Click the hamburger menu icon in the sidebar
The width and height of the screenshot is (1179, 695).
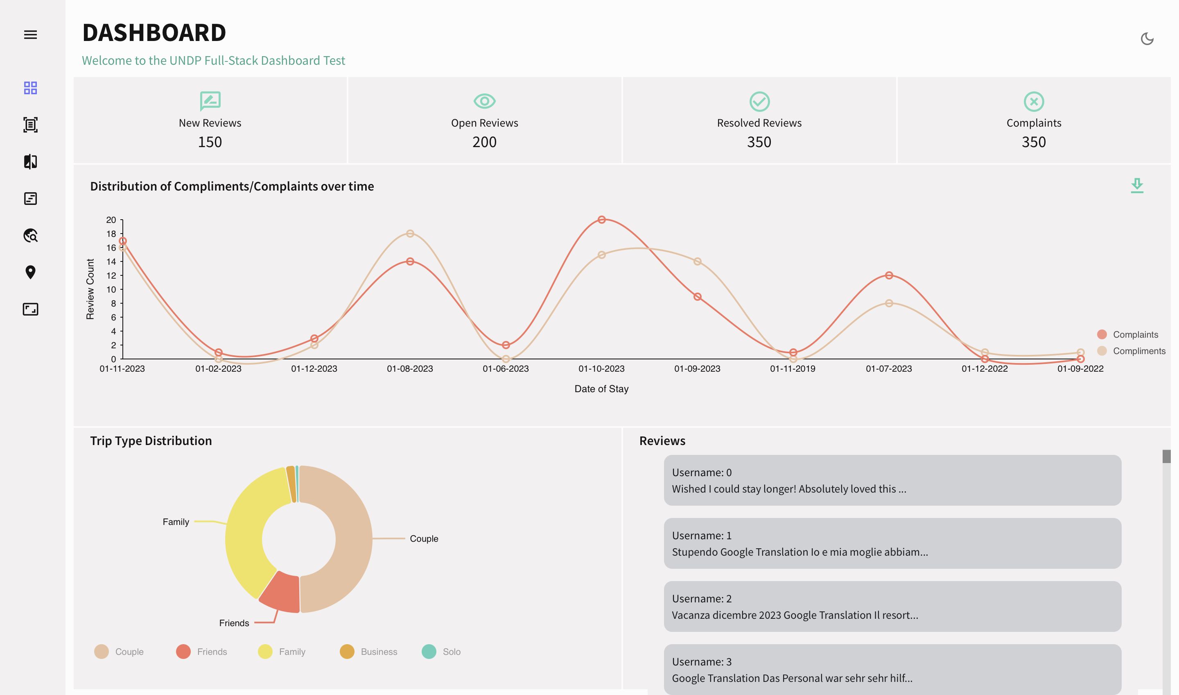(30, 35)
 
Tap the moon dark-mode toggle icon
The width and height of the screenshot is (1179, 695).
(1147, 39)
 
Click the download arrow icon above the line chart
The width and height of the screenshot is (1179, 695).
(1137, 186)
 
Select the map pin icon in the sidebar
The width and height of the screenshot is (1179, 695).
(30, 272)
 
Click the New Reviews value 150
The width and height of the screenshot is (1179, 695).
(210, 142)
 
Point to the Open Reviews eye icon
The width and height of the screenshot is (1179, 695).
(484, 101)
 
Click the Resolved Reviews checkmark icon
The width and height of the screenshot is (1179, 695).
(759, 101)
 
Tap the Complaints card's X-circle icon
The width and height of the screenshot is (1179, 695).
(1034, 101)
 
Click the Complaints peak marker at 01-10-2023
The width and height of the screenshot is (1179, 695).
(602, 220)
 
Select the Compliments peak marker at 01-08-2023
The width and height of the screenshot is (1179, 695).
(410, 234)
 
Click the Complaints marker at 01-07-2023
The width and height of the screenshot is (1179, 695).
(889, 275)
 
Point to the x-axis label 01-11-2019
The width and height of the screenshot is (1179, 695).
(793, 368)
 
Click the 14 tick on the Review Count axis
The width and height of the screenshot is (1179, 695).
(111, 261)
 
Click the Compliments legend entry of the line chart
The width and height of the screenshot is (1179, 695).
(1132, 351)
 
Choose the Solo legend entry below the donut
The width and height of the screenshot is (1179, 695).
(442, 652)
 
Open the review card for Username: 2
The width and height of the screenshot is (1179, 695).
(892, 606)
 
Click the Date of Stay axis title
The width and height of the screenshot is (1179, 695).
(601, 389)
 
